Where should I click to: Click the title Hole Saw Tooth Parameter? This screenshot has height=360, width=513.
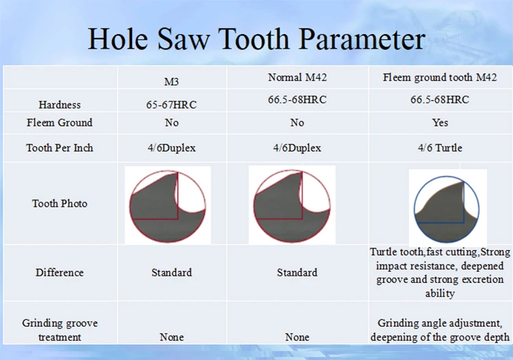click(256, 39)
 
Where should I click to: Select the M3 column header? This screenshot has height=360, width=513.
click(172, 82)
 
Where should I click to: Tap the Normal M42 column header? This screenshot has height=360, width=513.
click(297, 77)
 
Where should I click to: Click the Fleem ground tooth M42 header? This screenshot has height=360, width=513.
click(440, 77)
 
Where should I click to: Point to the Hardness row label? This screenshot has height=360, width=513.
click(60, 105)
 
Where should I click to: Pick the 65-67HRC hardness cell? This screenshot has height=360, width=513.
click(172, 105)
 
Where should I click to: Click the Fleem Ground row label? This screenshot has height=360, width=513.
click(60, 123)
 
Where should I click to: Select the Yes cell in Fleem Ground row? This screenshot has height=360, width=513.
click(440, 123)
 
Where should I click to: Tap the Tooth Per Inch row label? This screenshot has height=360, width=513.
click(60, 148)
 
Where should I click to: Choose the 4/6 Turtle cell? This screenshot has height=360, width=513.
click(440, 148)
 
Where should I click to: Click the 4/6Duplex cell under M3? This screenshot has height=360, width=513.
click(172, 148)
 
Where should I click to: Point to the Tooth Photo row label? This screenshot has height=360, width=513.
click(60, 203)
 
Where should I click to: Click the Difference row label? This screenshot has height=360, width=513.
click(60, 272)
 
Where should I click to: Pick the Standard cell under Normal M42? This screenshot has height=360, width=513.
click(297, 272)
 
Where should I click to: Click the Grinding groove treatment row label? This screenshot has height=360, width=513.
click(60, 330)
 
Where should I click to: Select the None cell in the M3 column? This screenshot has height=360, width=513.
click(172, 337)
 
